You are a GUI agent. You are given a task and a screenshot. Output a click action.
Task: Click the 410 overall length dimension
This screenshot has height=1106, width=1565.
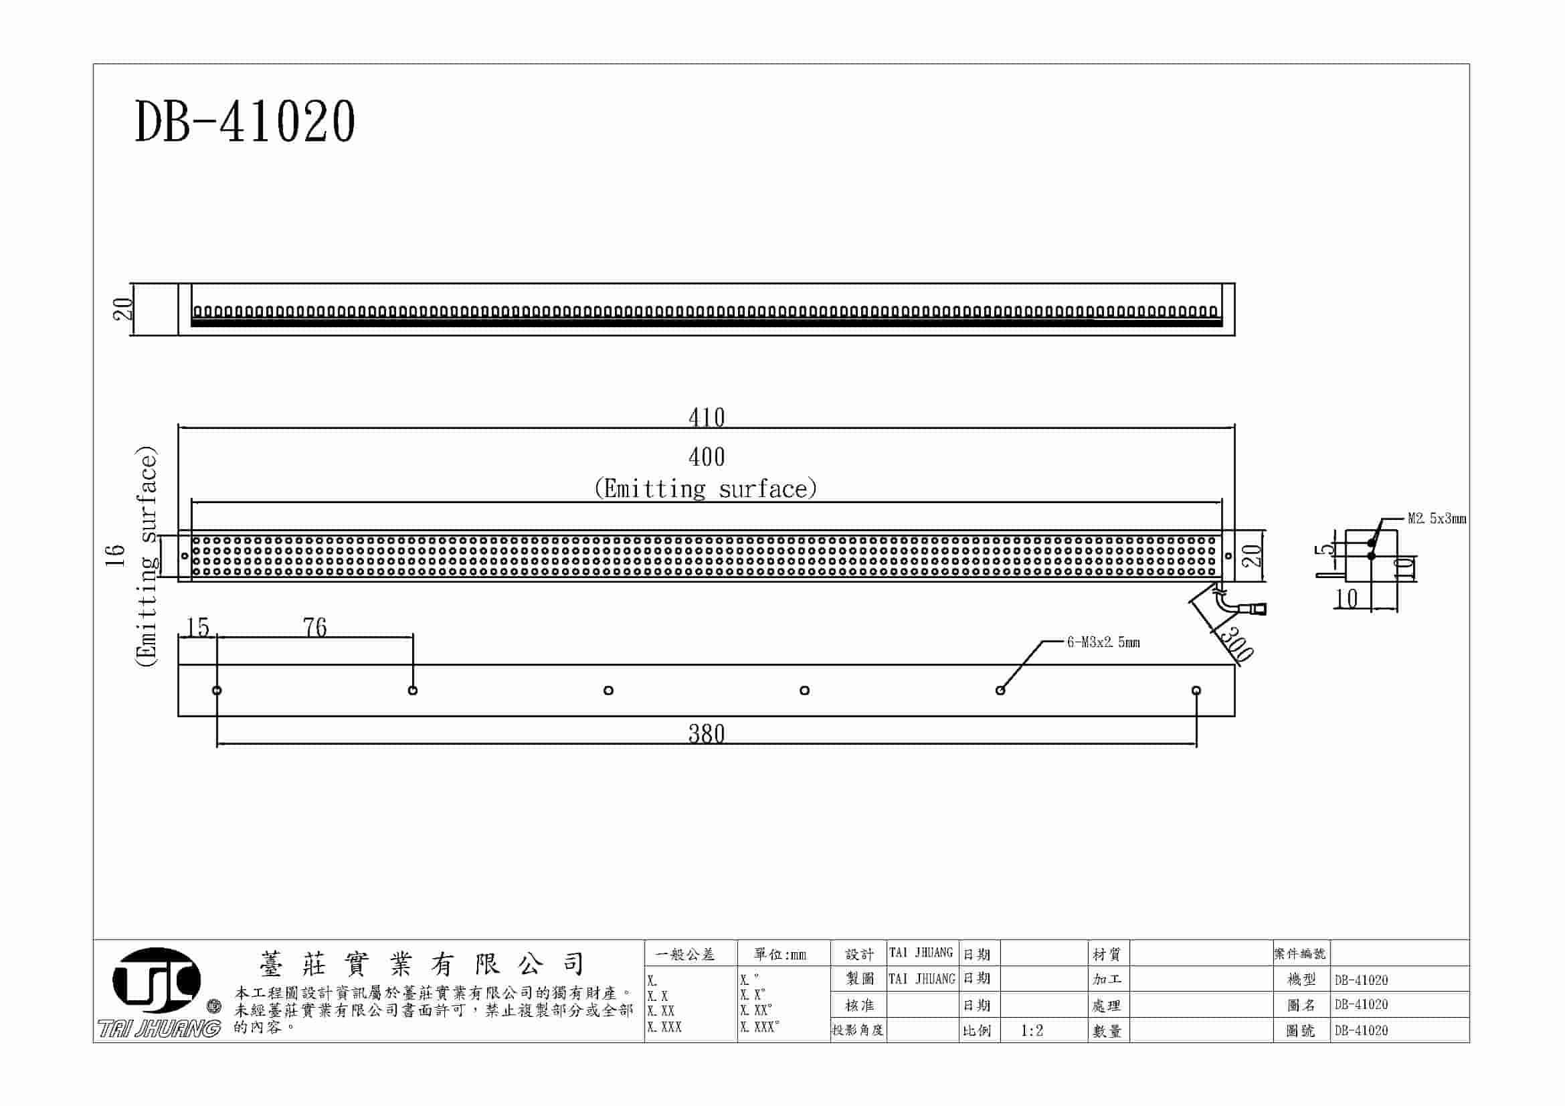point(706,417)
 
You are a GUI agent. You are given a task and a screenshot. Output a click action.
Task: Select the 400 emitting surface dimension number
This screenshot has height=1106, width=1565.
point(706,456)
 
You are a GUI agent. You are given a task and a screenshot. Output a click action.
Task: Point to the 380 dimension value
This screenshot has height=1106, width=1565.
point(706,734)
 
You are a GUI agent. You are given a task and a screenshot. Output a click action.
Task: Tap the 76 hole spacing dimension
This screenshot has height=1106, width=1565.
point(314,627)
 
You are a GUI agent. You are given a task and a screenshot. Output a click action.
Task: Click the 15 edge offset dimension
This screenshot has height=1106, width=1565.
point(197,627)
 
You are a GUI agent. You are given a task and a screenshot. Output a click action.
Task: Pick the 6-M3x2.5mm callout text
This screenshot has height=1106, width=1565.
point(1103,642)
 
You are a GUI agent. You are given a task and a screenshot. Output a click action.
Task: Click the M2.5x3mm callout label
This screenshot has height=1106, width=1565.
point(1437,519)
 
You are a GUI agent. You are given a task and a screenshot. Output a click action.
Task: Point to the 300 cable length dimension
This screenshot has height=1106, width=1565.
point(1235,644)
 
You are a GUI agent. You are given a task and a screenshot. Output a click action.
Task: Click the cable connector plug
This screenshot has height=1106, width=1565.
point(1258,608)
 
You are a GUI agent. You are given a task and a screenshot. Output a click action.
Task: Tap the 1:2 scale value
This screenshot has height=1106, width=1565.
point(1032,1030)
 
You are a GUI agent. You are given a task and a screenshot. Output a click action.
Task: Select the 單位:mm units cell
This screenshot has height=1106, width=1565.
point(779,955)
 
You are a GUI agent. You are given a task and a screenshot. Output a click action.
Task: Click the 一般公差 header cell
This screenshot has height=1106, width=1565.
point(685,955)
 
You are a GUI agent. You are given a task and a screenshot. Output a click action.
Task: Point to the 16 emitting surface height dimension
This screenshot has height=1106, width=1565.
point(116,555)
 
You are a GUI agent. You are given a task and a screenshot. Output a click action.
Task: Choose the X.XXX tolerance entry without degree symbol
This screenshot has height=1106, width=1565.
point(664,1027)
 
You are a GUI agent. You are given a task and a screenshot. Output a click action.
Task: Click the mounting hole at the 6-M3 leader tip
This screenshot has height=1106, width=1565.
point(1000,690)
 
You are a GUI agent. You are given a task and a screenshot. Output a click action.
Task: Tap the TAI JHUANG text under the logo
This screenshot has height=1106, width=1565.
point(159,1028)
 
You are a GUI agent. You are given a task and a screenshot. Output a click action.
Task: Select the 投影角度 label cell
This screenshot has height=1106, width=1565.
point(858,1030)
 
